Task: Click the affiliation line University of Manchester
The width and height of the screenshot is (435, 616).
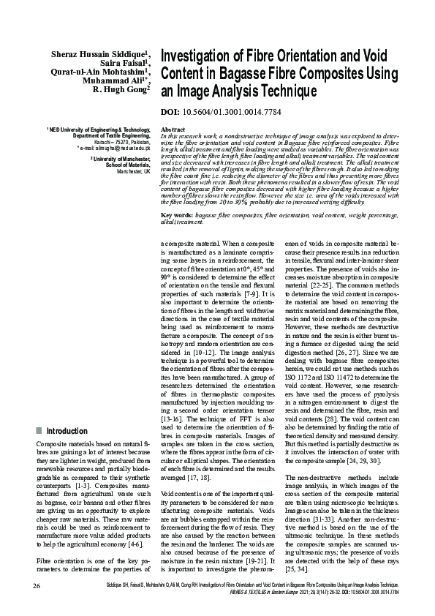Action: coord(121,158)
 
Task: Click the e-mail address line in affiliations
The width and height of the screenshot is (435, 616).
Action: coord(114,147)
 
